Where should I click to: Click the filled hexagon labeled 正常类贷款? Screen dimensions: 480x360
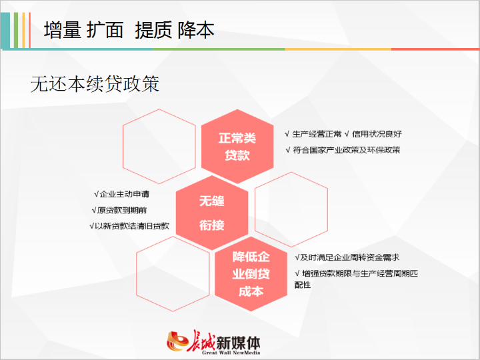pos(237,146)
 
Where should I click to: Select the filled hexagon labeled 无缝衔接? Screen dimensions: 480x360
pos(212,213)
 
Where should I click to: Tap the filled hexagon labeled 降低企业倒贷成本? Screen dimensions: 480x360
pos(251,274)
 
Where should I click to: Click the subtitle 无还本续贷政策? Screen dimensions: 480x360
pos(95,84)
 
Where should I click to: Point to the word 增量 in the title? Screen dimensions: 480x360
pos(63,30)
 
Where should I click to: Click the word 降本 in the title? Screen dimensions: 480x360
pos(196,30)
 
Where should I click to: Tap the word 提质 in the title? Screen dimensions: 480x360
pos(153,30)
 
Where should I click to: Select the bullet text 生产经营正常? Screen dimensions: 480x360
pos(317,134)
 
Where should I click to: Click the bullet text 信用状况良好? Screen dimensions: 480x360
pos(377,134)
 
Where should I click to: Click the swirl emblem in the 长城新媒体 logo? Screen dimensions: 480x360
pos(177,341)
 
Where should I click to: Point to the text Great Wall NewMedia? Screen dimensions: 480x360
pos(231,353)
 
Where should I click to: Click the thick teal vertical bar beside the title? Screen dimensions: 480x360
pos(5,30)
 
